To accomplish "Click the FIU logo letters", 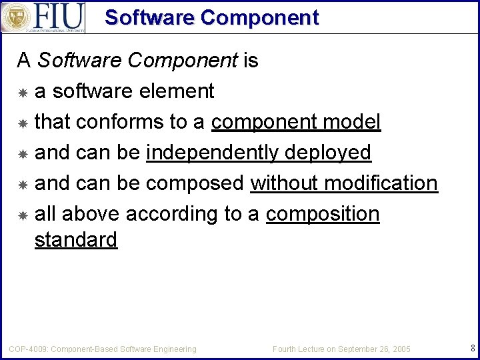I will point(59,15).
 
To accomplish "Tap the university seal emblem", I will point(15,17).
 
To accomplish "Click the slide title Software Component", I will point(211,17).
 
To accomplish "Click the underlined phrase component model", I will point(296,122).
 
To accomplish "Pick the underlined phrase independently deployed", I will point(259,153).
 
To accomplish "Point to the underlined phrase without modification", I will point(344,183).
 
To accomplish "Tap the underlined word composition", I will point(323,214).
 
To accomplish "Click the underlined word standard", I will point(76,239).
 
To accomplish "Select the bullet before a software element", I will point(23,92).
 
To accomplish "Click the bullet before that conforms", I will point(23,123).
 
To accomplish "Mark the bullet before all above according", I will point(23,215).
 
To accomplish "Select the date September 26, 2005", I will point(374,349).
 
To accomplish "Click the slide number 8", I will point(472,347).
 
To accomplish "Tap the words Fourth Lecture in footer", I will point(297,349).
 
